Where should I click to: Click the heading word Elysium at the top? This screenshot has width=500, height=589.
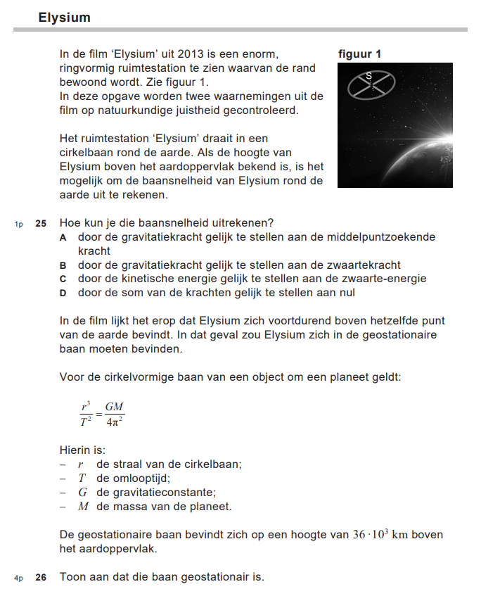[65, 17]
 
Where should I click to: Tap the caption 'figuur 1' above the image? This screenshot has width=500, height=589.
[359, 53]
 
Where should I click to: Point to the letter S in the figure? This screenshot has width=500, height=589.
[368, 75]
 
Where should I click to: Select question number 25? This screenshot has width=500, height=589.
[41, 223]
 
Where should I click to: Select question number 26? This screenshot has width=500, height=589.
[41, 577]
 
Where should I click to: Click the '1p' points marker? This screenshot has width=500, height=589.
[19, 224]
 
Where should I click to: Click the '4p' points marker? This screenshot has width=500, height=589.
[19, 578]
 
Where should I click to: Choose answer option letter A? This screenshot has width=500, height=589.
[63, 237]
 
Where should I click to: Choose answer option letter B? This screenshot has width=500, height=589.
[63, 265]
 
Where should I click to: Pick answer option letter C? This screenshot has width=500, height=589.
[63, 279]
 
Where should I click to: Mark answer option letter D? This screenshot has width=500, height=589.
[63, 293]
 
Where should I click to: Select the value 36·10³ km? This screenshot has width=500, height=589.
[380, 535]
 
